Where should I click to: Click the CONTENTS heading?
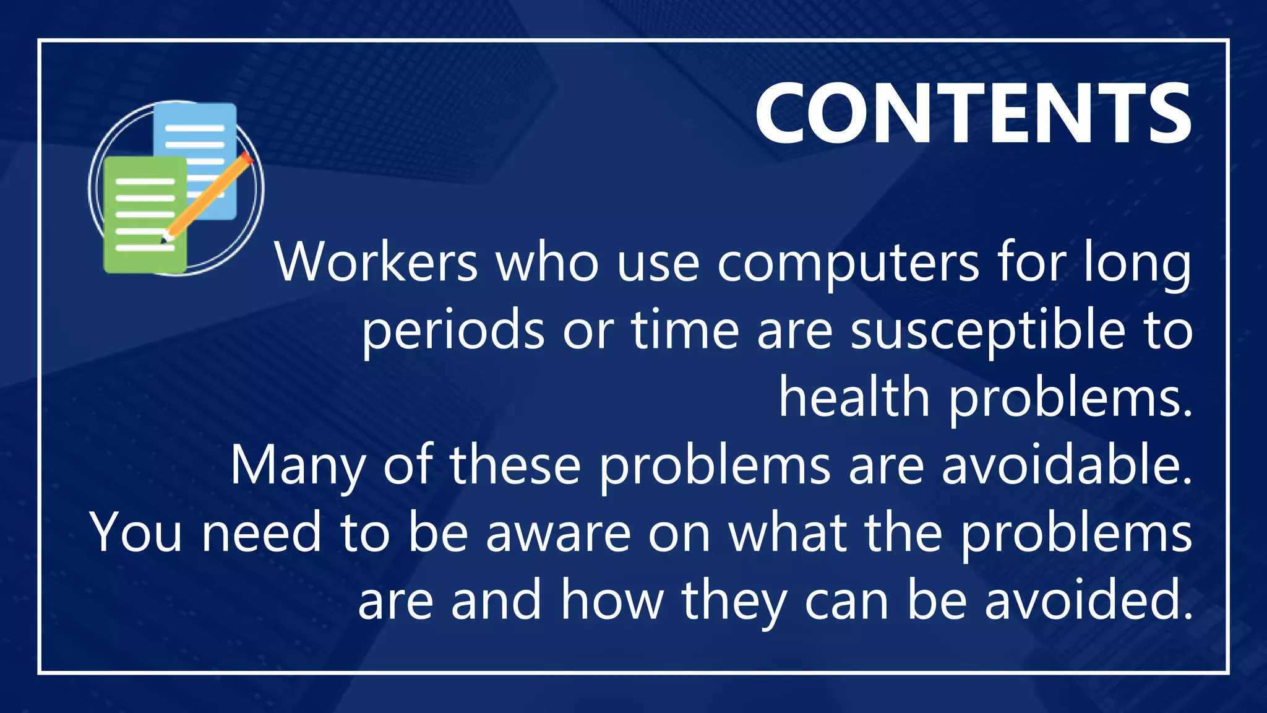pos(973,114)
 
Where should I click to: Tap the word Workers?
pos(376,262)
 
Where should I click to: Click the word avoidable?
pos(1067,465)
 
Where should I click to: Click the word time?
pos(685,331)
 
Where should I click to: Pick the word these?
pos(515,465)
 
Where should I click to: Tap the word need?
pos(261,534)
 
